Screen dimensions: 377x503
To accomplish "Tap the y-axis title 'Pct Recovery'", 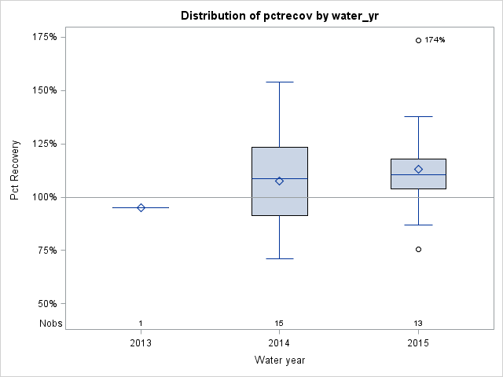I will click(15, 170).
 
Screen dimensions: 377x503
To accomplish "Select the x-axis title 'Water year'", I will click(279, 360).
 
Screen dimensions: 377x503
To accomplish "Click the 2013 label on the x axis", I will click(141, 343).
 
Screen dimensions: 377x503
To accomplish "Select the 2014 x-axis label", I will click(279, 343).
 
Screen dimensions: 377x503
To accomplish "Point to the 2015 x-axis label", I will click(418, 343).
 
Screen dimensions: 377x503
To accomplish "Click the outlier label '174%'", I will click(435, 40).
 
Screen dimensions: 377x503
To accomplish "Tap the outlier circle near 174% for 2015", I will click(418, 40).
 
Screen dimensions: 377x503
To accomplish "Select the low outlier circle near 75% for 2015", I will click(418, 249).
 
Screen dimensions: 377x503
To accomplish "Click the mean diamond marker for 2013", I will click(141, 207).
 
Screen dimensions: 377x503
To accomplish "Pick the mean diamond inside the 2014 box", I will click(279, 181).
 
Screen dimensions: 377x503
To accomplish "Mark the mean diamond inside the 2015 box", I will click(418, 169).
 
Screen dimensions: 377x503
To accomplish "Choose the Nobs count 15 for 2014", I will click(279, 324).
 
